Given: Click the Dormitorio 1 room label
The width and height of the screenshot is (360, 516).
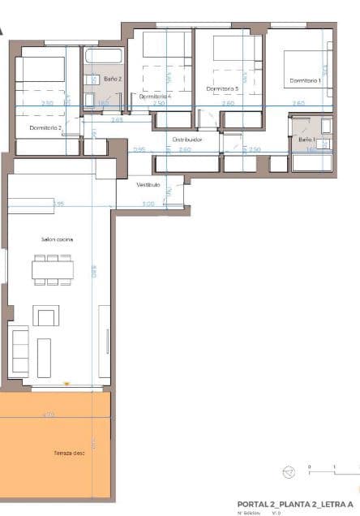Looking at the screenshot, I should (305, 80).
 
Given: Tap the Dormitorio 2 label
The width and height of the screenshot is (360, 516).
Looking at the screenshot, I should (45, 128).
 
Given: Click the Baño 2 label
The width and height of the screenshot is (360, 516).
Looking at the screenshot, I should (113, 79).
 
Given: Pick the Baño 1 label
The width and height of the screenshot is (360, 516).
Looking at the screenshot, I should (306, 140).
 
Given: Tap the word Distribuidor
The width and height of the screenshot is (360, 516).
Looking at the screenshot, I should (186, 140).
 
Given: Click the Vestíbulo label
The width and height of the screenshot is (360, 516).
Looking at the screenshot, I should (148, 186).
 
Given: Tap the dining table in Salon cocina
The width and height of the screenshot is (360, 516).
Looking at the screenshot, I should (53, 269).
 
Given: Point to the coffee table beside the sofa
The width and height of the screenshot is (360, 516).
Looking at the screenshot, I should (45, 357).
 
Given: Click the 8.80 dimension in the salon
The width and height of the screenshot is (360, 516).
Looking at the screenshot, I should (95, 273).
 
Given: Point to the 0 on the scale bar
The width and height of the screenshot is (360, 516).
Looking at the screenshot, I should (309, 467).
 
